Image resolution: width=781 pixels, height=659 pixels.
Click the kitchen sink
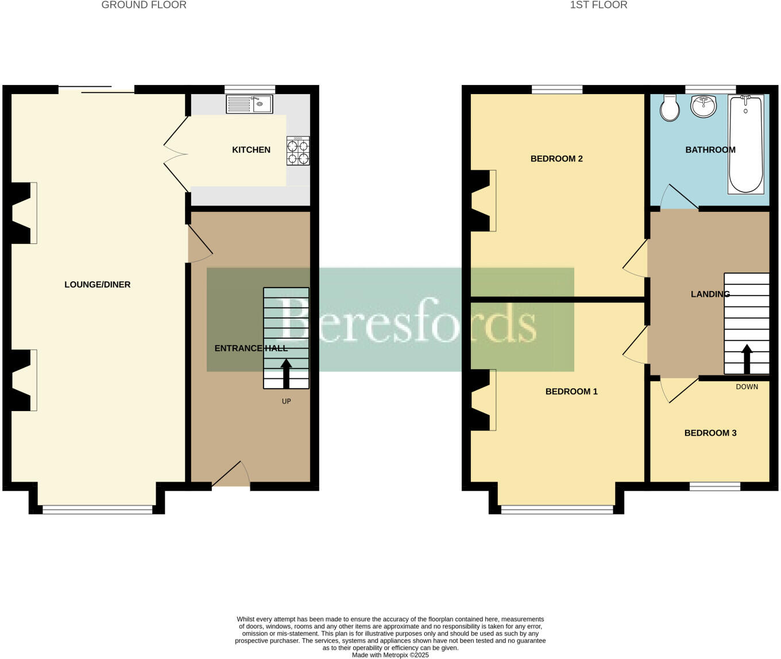point(249,104)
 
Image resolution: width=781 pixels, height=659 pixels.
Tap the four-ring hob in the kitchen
point(298,151)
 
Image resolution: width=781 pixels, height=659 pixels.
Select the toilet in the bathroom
point(670,108)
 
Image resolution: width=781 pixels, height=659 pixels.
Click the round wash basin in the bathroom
point(703,106)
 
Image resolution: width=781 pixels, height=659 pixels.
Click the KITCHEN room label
point(251,150)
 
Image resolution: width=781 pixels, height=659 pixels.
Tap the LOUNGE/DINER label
point(98,285)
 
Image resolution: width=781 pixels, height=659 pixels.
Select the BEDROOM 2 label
point(556,159)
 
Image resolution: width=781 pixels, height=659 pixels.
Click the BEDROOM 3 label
point(710,433)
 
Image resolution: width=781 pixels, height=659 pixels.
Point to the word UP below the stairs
point(287,401)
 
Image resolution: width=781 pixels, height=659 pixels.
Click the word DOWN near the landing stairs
point(747,387)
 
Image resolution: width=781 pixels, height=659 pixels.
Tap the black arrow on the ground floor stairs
point(286,373)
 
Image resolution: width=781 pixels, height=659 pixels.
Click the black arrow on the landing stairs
point(747,359)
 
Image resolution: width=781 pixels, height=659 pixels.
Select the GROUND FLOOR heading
point(144,5)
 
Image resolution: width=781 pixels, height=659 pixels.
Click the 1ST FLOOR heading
point(598,5)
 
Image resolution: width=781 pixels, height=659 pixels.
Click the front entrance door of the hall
point(231,478)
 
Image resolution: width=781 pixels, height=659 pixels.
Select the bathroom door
point(678,197)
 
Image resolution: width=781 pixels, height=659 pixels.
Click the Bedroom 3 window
point(715,487)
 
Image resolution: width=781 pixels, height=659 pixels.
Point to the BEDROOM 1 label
point(571,392)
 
